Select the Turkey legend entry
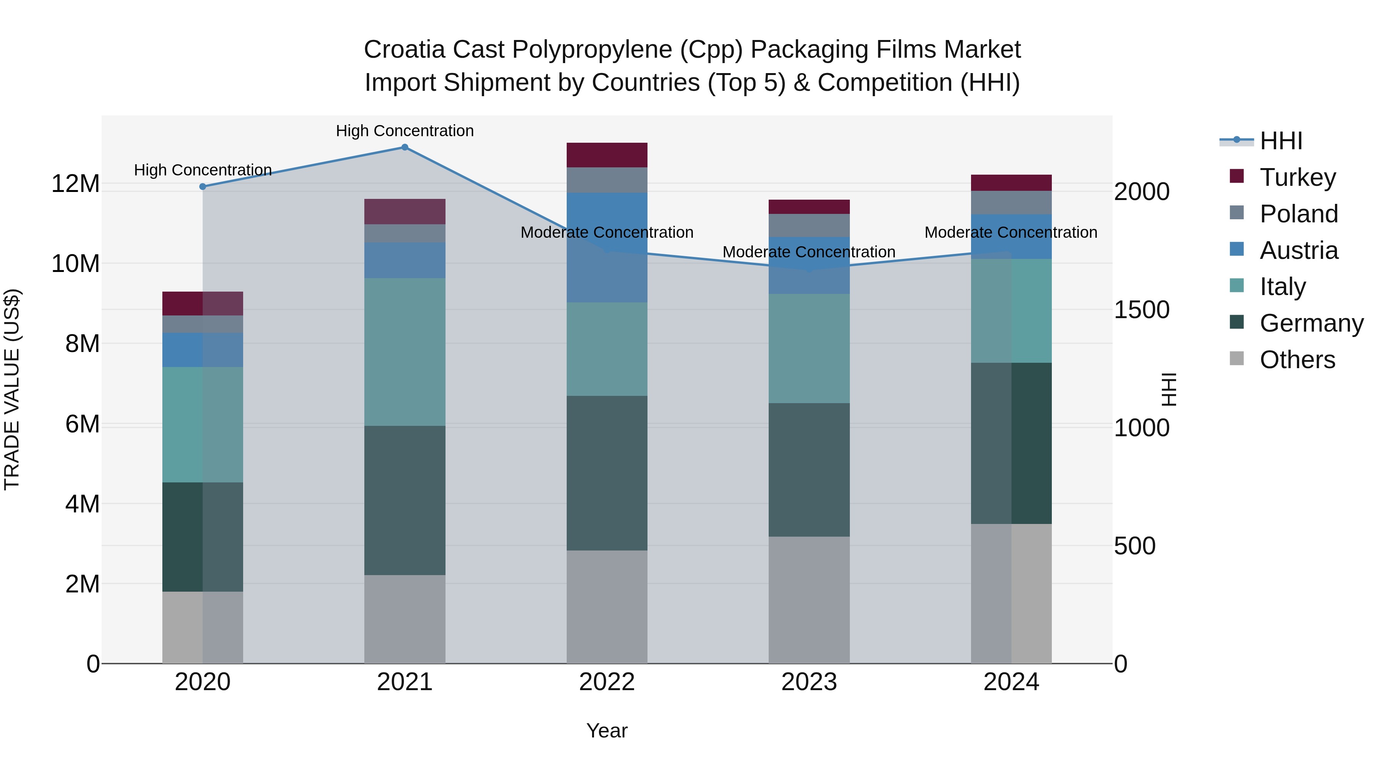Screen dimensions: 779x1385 1297,177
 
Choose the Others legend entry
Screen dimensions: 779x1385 1297,360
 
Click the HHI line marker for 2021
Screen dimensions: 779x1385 405,147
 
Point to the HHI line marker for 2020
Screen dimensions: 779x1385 203,187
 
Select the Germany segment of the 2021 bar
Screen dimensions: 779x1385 405,500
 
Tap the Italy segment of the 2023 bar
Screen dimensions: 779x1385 809,349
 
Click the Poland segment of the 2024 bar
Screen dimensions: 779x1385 1011,203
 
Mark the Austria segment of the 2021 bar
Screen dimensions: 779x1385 405,260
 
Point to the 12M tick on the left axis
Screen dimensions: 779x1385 75,184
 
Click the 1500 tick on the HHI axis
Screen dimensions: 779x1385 1141,310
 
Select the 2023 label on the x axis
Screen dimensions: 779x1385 809,682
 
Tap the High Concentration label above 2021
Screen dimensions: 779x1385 405,131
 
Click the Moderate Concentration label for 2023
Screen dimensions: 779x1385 809,252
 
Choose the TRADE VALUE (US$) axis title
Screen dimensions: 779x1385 12,389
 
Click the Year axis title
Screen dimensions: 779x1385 607,731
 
